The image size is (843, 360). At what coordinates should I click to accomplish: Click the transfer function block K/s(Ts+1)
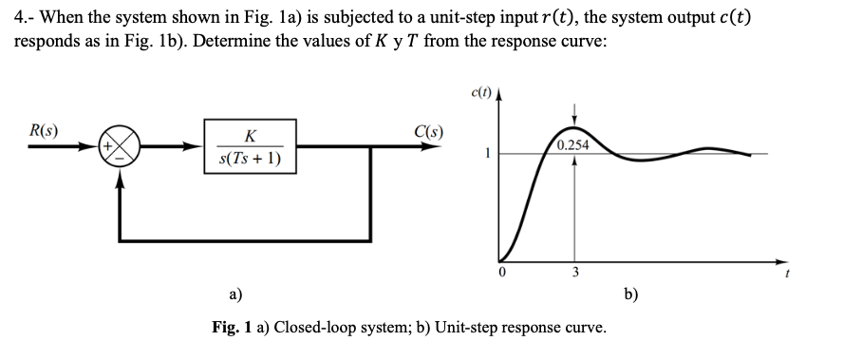tap(250, 147)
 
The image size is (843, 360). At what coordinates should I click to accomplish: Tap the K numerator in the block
tap(249, 137)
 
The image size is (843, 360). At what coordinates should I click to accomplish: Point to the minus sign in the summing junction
tap(120, 158)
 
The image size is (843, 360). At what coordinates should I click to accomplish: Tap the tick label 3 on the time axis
tap(572, 273)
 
